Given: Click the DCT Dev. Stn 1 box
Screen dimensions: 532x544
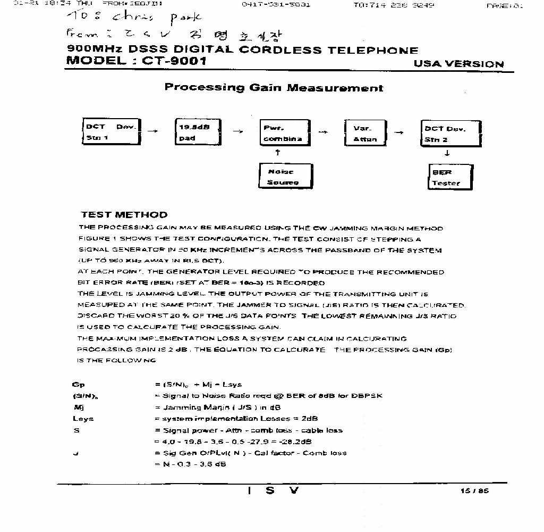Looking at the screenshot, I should coord(110,132).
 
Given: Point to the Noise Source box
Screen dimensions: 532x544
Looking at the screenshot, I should coord(283,177).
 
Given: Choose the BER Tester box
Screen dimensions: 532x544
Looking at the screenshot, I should coord(450,177).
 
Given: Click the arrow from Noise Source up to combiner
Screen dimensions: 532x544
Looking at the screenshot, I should coord(278,153).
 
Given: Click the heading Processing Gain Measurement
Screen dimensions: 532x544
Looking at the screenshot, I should coord(274,88).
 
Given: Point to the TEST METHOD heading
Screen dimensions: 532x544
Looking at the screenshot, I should coord(124,215).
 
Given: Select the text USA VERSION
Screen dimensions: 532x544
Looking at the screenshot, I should coord(458,64).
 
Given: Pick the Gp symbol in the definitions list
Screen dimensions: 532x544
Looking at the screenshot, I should coord(78,384).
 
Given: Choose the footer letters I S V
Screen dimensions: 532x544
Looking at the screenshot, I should coord(273,491).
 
